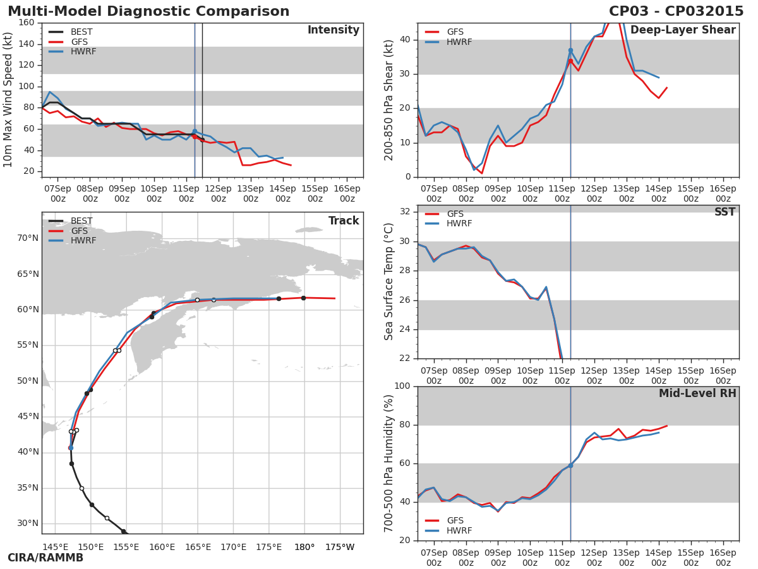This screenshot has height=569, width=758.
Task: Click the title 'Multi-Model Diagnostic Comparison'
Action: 148,11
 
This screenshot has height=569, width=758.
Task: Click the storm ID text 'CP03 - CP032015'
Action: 676,11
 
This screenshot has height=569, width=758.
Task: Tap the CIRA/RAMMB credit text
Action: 45,558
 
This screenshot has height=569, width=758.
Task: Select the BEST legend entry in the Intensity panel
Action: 81,32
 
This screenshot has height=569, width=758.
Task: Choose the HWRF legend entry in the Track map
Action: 83,241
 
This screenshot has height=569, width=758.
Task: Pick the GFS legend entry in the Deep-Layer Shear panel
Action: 455,32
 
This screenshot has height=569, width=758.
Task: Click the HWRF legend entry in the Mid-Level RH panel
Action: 459,531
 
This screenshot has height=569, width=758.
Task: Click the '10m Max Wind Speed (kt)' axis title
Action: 8,100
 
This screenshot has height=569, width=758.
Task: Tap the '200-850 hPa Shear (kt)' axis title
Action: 389,100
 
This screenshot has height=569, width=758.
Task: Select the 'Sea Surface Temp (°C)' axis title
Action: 389,281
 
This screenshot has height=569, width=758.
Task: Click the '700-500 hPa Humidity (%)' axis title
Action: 389,463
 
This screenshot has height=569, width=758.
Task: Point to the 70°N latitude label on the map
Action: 27,238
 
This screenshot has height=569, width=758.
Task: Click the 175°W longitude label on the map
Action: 340,547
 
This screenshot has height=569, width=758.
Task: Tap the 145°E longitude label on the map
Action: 55,547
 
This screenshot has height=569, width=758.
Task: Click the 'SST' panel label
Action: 725,212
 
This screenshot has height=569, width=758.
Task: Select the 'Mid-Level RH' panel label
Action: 697,394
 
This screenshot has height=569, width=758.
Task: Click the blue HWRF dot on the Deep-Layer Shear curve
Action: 570,50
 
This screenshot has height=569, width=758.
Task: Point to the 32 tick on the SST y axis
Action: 405,212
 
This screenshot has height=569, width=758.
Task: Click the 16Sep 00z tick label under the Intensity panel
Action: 347,193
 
